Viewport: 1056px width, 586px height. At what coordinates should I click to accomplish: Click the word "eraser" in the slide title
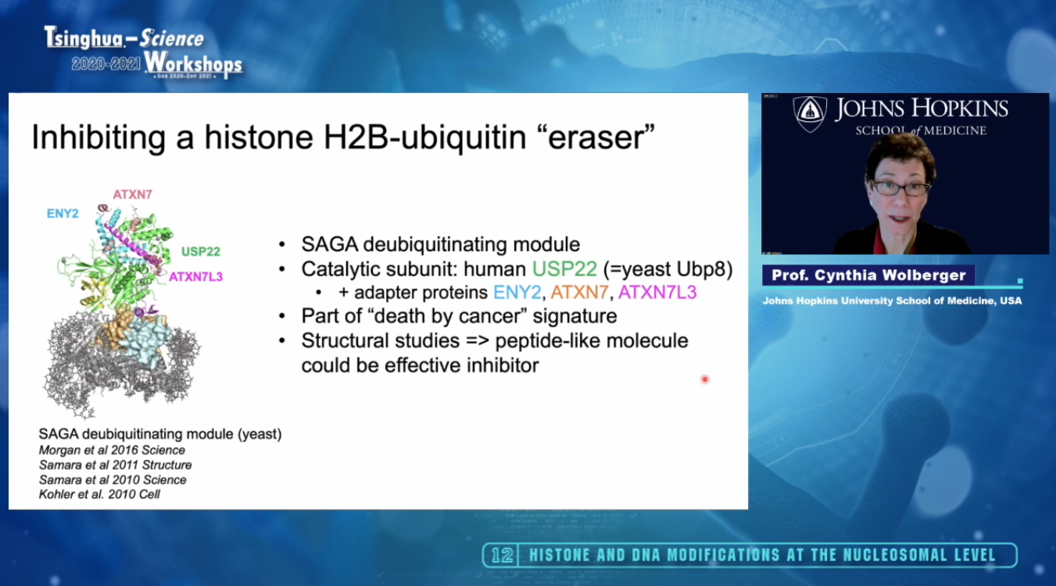(x=600, y=138)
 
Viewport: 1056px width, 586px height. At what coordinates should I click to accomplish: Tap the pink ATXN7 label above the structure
(x=132, y=194)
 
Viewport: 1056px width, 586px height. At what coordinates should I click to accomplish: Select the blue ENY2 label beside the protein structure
(x=63, y=214)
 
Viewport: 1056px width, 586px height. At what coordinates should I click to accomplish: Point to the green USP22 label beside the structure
(x=201, y=251)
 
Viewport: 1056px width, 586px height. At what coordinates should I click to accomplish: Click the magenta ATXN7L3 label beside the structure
(x=195, y=276)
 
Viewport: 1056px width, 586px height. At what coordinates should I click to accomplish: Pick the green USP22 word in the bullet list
(x=564, y=269)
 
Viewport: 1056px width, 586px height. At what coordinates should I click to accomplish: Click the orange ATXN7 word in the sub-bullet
(x=579, y=293)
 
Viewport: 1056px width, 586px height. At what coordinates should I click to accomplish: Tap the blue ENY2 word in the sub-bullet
(x=517, y=293)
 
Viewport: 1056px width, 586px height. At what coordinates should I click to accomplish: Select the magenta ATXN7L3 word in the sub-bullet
(x=657, y=293)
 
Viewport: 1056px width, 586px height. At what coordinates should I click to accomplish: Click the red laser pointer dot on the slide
(x=705, y=379)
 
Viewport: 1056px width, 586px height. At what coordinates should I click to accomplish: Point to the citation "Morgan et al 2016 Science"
(x=112, y=450)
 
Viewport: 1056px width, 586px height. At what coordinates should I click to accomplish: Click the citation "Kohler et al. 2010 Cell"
(x=99, y=494)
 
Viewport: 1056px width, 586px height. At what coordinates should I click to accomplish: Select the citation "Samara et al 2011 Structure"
(x=115, y=466)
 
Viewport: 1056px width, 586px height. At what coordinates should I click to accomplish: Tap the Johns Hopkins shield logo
(x=810, y=113)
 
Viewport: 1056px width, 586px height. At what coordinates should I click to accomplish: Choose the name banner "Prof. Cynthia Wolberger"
(x=868, y=275)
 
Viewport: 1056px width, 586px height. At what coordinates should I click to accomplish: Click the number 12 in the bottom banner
(x=502, y=555)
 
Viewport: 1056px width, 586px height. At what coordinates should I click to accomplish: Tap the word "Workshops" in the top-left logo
(x=193, y=64)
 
